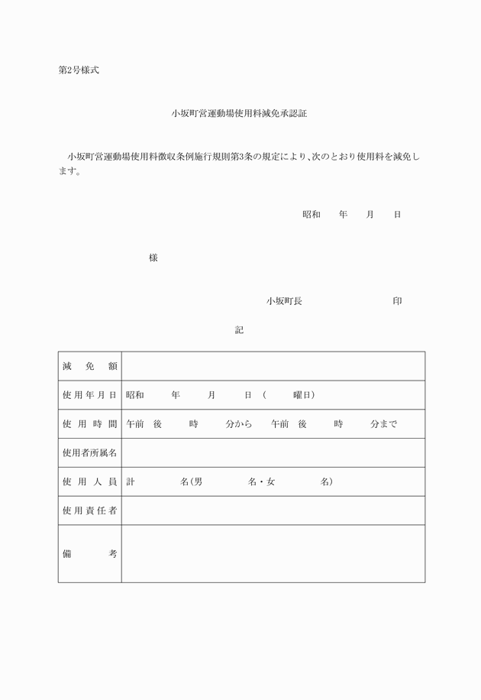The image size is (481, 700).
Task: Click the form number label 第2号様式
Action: point(79,70)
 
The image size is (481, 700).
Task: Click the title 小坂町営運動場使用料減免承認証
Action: point(239,113)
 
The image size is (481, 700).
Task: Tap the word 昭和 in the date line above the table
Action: point(311,215)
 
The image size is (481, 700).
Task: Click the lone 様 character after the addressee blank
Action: point(153,258)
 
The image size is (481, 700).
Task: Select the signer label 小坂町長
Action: point(284,301)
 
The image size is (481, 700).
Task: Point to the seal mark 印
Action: point(397,301)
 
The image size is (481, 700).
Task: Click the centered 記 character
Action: point(239,329)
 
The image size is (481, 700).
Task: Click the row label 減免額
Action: point(90,367)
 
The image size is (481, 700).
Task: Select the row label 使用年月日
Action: point(90,395)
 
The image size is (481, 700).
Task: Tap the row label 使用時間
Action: point(90,424)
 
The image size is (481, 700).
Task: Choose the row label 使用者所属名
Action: point(90,453)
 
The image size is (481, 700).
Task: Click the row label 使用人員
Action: point(90,482)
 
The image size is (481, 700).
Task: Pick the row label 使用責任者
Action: point(90,510)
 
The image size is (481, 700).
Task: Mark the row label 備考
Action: point(90,554)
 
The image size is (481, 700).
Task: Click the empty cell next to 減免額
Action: point(273,367)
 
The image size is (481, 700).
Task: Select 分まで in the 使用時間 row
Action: point(383,424)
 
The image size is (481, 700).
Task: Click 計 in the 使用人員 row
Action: point(131,482)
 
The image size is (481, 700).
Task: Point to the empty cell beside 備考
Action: point(273,554)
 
